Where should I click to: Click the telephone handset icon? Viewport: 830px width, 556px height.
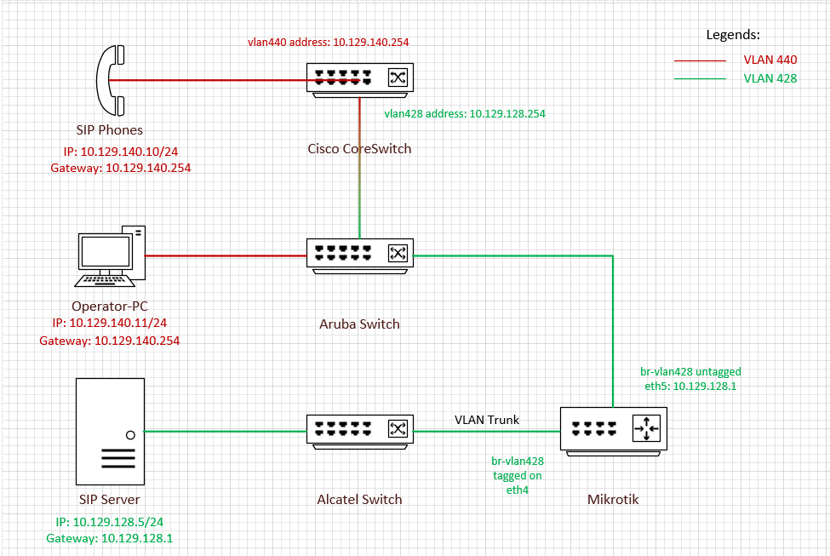click(110, 81)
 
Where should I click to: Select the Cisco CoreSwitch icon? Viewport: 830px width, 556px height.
click(360, 79)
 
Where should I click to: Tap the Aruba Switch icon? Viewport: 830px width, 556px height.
click(360, 255)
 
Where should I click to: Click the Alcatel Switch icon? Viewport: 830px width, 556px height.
click(360, 431)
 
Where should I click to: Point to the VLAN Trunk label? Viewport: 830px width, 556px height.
click(486, 420)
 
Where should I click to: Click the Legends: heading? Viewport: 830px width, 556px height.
click(733, 35)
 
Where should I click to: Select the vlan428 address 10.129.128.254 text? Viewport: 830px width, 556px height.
click(464, 113)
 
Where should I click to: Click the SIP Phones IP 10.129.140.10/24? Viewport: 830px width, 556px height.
click(126, 152)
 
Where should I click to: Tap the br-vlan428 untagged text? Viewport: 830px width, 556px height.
click(690, 371)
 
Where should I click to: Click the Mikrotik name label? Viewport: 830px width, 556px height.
click(613, 499)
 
